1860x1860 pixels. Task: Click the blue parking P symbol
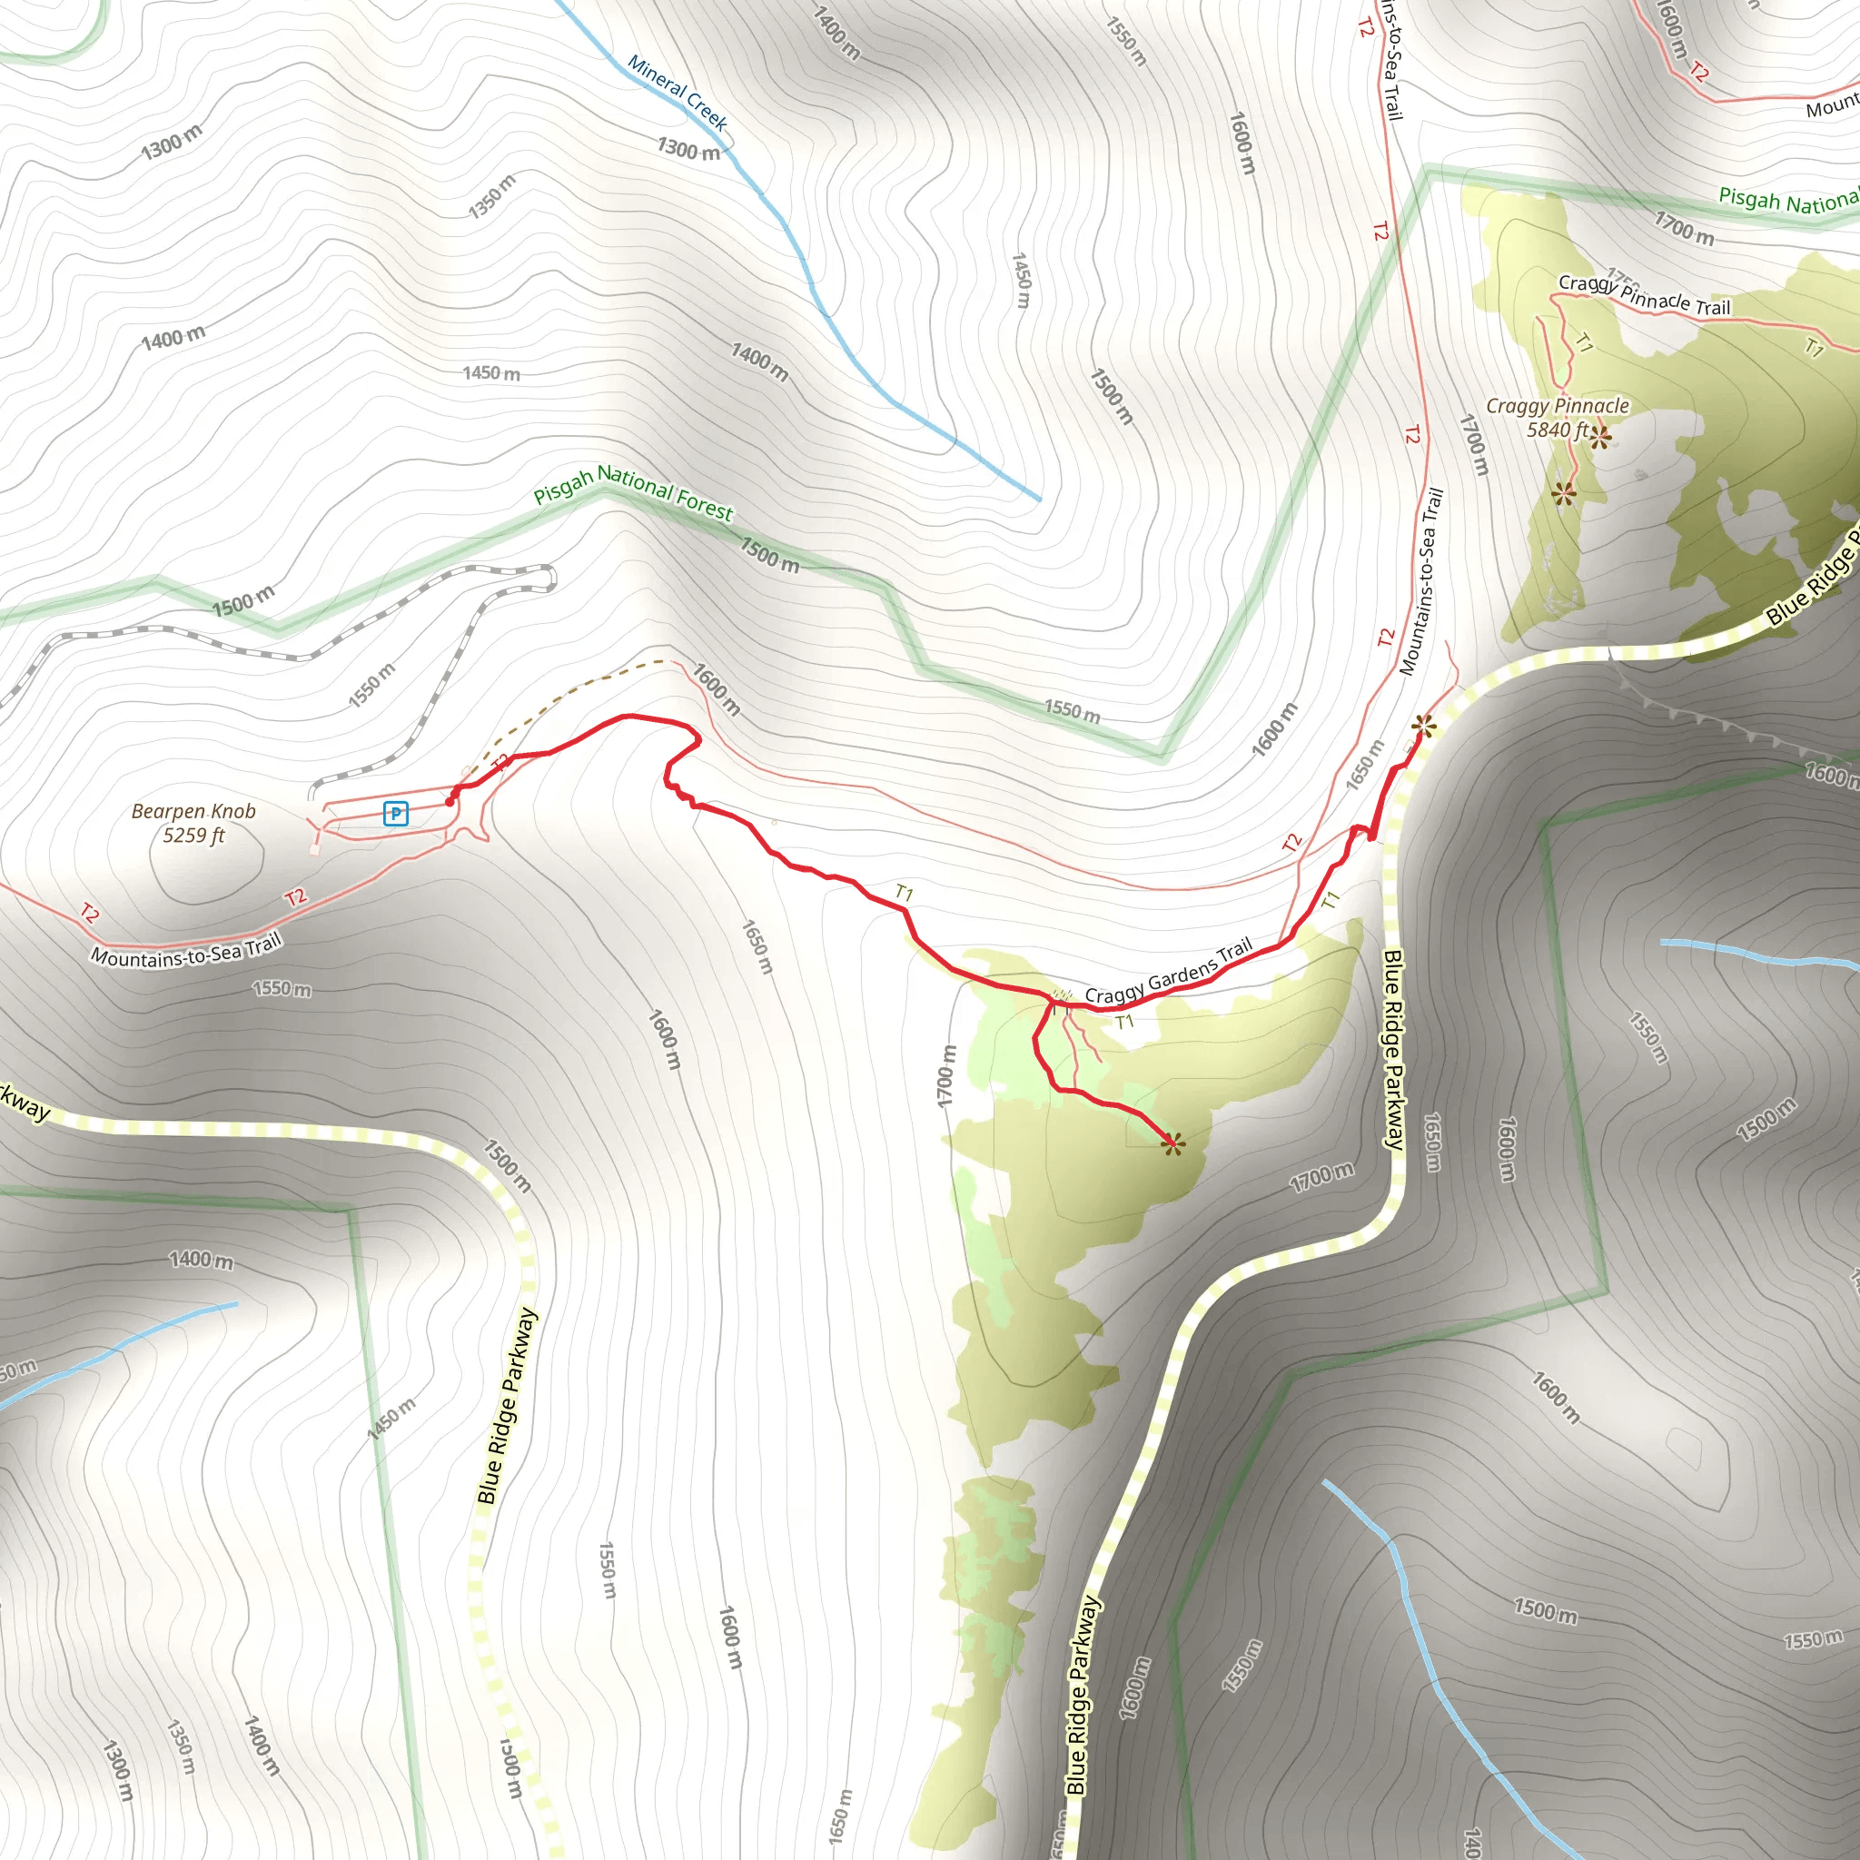(396, 814)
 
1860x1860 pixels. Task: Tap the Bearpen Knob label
(193, 811)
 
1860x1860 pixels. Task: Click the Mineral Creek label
(678, 92)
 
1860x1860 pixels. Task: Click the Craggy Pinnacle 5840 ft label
(1557, 418)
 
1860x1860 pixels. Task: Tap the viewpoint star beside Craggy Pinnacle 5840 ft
(1600, 438)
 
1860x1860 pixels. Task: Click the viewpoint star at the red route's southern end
(1172, 1143)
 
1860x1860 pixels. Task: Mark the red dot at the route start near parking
(450, 801)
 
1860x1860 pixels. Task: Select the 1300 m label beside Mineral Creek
(688, 149)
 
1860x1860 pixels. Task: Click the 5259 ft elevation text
(193, 836)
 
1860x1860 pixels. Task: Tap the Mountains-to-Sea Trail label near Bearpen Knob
(187, 951)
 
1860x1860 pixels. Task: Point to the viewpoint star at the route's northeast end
(1424, 726)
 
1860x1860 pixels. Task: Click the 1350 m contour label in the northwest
(492, 196)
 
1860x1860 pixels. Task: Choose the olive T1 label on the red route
(904, 894)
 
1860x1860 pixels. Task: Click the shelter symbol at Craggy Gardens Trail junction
(1060, 994)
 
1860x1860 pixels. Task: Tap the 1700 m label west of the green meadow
(947, 1075)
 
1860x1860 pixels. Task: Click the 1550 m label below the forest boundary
(1073, 711)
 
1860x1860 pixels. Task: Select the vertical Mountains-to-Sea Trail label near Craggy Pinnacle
(1421, 581)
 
